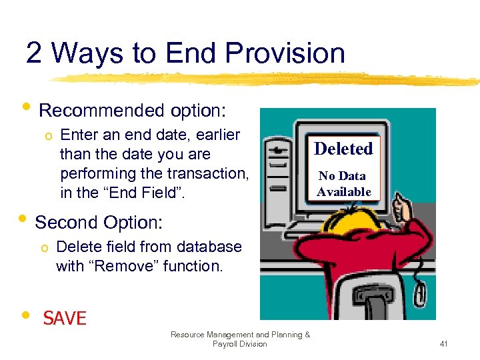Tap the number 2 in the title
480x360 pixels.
point(34,53)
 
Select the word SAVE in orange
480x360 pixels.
point(65,319)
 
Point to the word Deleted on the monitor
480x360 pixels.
point(343,149)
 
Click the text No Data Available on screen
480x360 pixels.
point(343,184)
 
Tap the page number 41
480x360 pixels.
point(443,344)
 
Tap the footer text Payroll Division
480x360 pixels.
point(239,344)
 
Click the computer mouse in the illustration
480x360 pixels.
point(421,291)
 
